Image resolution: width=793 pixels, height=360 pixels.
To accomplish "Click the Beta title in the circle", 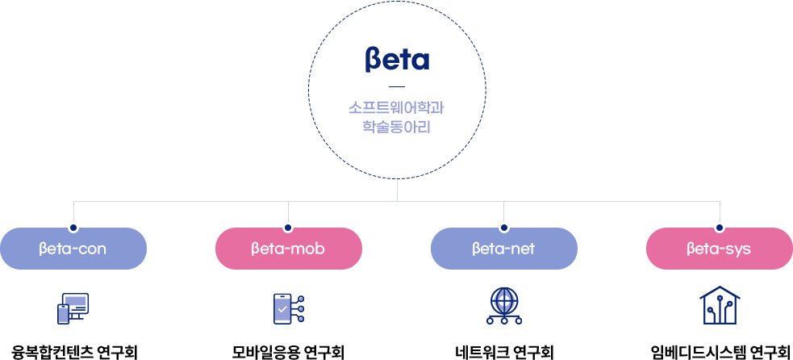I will pos(396,60).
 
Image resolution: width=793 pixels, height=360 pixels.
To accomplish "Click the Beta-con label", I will pos(73,249).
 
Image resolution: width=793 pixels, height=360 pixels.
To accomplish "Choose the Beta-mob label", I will pos(288,249).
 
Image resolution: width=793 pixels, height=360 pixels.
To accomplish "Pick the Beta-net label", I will pos(503,249).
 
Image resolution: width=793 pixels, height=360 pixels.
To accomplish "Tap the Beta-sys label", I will pos(719,249).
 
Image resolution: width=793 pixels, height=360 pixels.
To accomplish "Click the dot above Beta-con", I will pos(73,228).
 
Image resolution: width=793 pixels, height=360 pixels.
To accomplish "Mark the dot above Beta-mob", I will pos(288,228).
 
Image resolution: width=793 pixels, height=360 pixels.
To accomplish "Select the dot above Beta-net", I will pos(504,228).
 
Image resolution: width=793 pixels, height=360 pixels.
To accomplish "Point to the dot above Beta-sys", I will pos(720,228).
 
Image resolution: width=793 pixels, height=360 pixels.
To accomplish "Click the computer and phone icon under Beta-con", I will pos(73,308).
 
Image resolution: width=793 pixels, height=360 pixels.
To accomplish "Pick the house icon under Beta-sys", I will pos(719,306).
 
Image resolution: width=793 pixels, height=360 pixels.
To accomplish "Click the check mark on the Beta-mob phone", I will pos(282,308).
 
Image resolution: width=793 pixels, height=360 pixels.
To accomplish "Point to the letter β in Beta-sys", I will pos(691,249).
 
